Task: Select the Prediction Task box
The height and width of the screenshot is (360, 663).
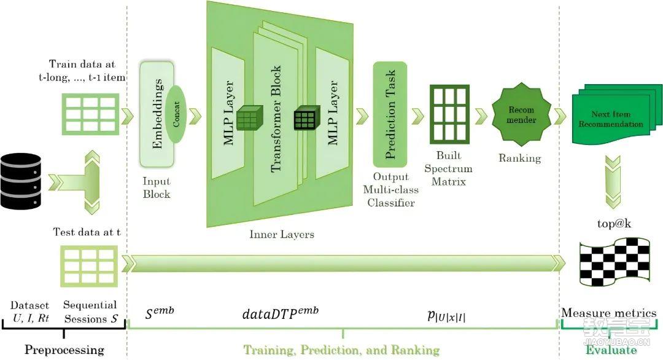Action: [390, 114]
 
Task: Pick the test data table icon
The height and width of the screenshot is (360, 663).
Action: [88, 264]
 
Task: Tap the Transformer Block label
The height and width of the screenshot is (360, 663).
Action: [276, 119]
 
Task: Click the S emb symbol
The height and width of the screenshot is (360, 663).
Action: [160, 312]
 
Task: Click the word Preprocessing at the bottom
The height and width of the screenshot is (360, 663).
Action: [64, 350]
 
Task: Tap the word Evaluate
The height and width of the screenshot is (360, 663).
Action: [611, 350]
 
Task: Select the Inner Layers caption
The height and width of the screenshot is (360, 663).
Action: [282, 234]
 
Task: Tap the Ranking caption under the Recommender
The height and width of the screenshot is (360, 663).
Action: [520, 158]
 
